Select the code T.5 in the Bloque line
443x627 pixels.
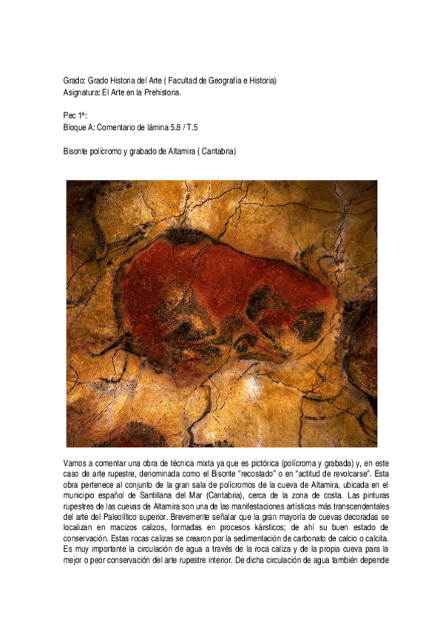pos(205,129)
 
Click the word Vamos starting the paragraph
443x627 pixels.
pos(78,462)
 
